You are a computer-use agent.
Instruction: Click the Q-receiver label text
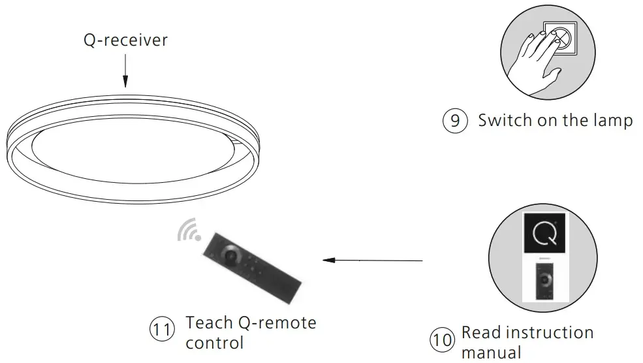125,40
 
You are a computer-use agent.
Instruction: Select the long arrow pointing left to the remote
373,260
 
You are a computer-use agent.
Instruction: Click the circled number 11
163,330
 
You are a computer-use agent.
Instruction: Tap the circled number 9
456,121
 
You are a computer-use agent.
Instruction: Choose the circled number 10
443,340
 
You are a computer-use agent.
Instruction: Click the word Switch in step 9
504,121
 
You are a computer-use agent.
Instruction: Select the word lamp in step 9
613,121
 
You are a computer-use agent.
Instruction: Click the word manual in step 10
492,353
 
